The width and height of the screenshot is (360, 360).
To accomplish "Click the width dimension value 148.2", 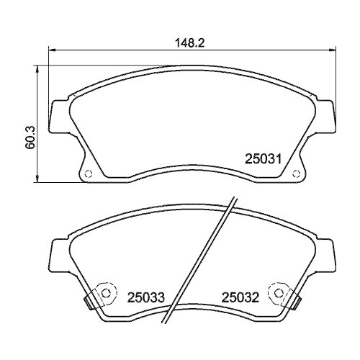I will (x=189, y=42).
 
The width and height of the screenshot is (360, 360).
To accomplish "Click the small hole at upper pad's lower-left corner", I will (x=86, y=173).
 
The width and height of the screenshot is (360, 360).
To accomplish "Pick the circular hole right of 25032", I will (x=276, y=293).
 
